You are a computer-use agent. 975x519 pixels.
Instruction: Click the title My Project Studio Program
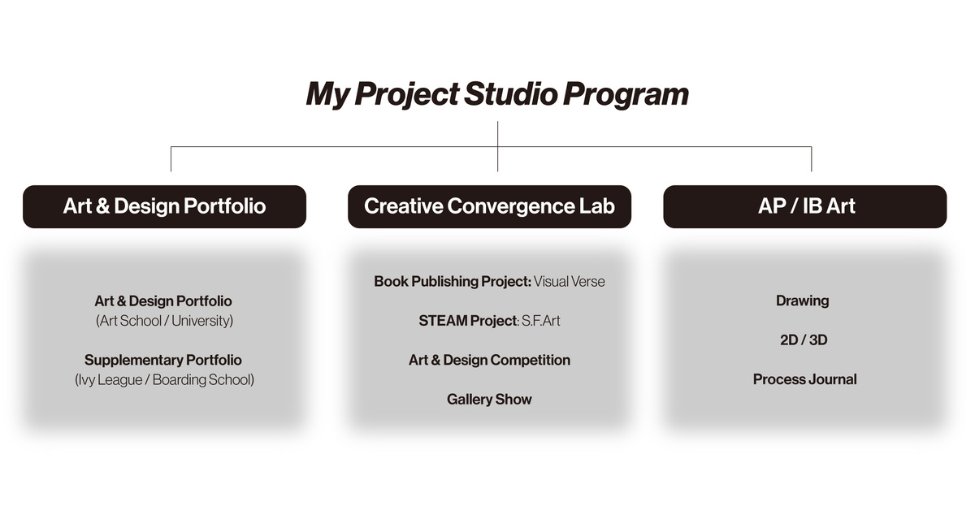coord(497,94)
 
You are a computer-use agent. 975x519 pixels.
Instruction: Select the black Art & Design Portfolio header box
coord(164,206)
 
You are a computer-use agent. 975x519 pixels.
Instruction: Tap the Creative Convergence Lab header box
coord(489,206)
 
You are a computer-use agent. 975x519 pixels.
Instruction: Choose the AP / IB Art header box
coord(805,206)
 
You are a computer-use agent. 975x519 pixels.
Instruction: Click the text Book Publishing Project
coord(453,282)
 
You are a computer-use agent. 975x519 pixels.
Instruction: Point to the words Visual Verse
coord(570,282)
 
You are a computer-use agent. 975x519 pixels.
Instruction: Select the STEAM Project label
coord(468,321)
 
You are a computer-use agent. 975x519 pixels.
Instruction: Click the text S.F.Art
coord(541,321)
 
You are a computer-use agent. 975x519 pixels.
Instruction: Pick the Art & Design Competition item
coord(489,360)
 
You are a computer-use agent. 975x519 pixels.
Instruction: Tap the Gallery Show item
coord(489,400)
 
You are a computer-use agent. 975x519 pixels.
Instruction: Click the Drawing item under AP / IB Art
coord(802,301)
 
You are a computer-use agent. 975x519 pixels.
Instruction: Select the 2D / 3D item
coord(804,340)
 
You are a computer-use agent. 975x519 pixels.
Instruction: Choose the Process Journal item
coord(805,379)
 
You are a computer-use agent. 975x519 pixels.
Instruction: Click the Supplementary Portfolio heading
coord(163,360)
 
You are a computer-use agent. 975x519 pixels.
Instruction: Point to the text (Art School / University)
coord(164,321)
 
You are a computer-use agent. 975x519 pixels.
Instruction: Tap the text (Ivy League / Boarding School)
coord(164,380)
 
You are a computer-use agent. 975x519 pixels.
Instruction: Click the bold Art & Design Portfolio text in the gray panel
coord(163,301)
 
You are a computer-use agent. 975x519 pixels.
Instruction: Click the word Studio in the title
coord(510,94)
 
